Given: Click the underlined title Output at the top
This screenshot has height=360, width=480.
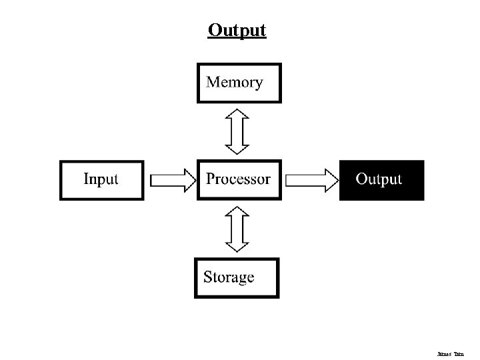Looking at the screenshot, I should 237,31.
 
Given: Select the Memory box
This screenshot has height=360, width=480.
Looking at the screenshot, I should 239,83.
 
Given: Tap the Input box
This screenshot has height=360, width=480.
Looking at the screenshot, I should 101,179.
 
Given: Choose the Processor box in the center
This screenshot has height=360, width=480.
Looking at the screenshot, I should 239,179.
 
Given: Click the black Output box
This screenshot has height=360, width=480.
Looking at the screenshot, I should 381,180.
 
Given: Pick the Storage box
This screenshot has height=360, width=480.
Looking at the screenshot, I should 237,277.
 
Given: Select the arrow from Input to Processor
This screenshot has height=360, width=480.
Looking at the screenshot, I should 172,180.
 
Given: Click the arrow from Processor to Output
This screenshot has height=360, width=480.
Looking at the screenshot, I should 312,180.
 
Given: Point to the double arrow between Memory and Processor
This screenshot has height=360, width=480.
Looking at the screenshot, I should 237,131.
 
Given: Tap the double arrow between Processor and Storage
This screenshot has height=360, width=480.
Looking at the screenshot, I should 237,229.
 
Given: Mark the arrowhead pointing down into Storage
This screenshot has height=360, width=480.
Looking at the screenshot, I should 237,246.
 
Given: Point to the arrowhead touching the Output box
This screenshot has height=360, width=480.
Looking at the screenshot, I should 331,180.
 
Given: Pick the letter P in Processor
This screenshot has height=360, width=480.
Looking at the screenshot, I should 211,179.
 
